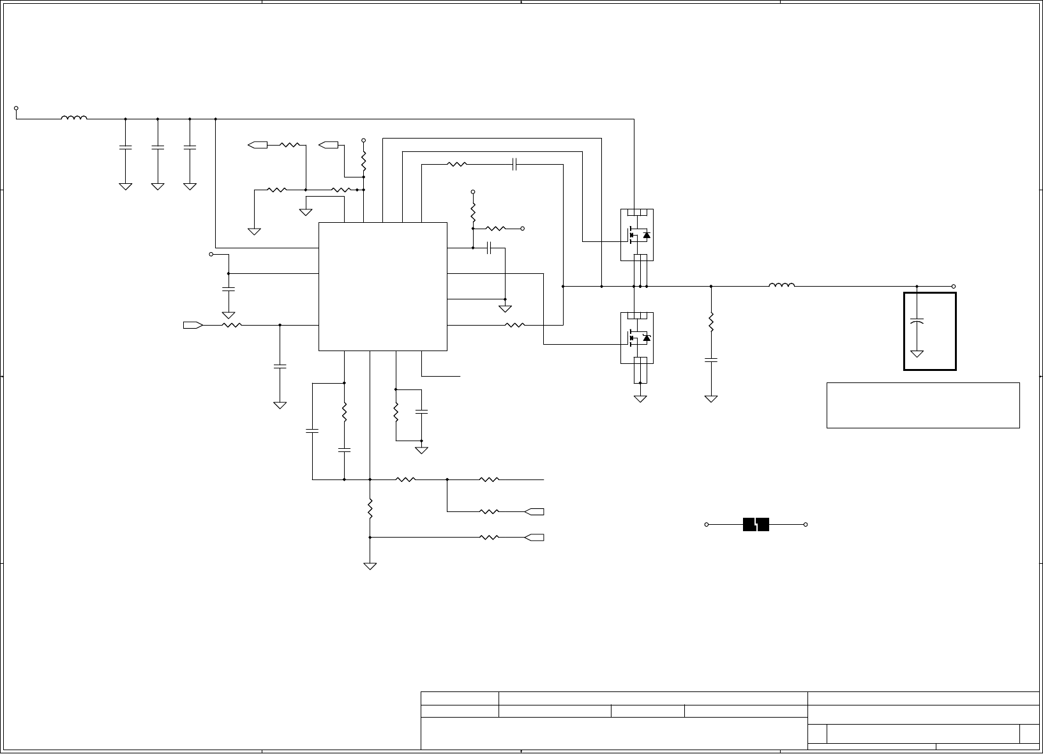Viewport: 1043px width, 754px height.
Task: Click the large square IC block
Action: pyautogui.click(x=382, y=286)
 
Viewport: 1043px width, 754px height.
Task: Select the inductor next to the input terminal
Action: pyautogui.click(x=74, y=118)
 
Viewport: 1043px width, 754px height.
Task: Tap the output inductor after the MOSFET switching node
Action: pyautogui.click(x=781, y=285)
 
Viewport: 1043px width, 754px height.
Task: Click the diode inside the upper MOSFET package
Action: pyautogui.click(x=647, y=236)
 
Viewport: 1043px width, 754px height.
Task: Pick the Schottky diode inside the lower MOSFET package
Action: pyautogui.click(x=647, y=338)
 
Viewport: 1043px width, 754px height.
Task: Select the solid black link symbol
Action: pyautogui.click(x=756, y=524)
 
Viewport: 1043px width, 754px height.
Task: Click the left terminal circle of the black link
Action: pyautogui.click(x=707, y=524)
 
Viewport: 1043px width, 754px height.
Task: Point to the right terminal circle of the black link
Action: pyautogui.click(x=806, y=524)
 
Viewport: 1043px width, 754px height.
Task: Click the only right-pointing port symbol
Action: pyautogui.click(x=193, y=325)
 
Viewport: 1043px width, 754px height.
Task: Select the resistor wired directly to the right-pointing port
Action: pyautogui.click(x=231, y=325)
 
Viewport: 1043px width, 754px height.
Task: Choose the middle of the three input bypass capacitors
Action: pyautogui.click(x=157, y=147)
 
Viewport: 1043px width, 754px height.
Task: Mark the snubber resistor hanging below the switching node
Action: pyautogui.click(x=710, y=323)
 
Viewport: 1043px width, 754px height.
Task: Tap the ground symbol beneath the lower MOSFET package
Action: pyautogui.click(x=640, y=399)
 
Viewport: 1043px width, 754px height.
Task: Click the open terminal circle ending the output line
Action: pyautogui.click(x=954, y=286)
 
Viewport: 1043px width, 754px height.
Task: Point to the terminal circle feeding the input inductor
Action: pyautogui.click(x=16, y=109)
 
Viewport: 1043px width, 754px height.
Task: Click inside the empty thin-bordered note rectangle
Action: pyautogui.click(x=922, y=405)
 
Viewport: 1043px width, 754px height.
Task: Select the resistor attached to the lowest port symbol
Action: pyautogui.click(x=488, y=538)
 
